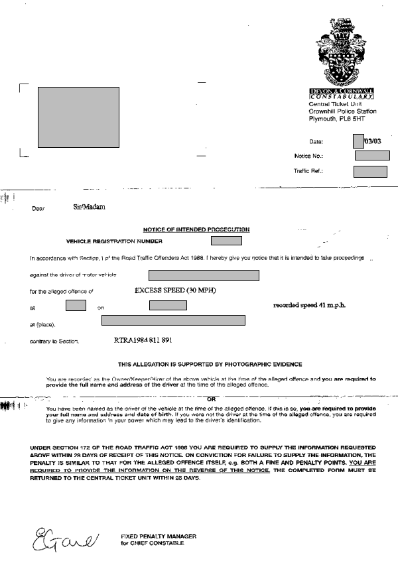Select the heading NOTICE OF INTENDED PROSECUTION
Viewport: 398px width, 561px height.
coord(196,229)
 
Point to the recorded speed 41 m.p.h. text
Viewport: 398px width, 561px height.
coord(310,305)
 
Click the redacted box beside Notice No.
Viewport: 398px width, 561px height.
coord(372,156)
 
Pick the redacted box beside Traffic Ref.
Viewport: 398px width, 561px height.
coord(370,172)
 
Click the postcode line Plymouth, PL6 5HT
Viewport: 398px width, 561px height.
coord(337,119)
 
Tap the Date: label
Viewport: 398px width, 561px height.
coord(316,142)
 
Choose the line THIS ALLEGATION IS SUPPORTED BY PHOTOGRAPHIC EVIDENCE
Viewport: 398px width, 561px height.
coord(210,364)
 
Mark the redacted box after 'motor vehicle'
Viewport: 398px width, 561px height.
coord(203,275)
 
